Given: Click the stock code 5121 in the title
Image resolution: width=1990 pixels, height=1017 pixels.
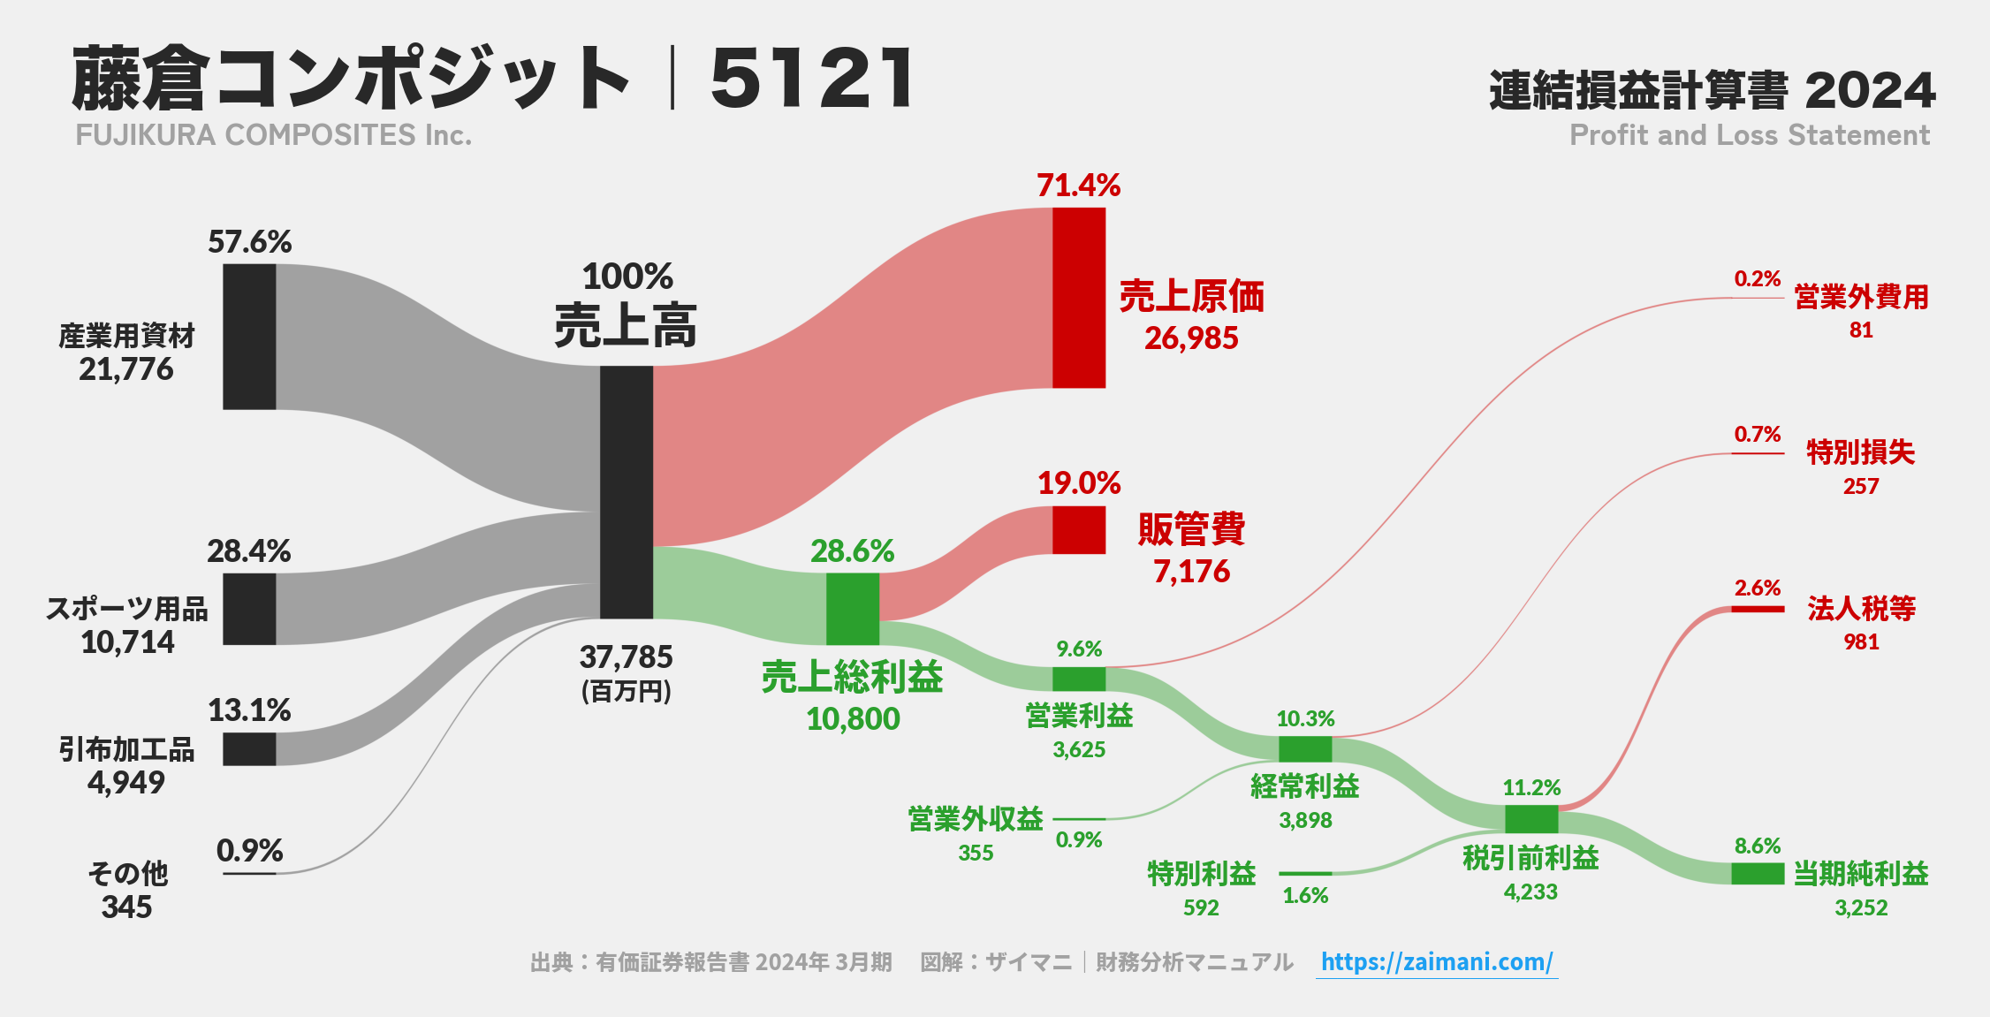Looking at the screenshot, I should tap(811, 80).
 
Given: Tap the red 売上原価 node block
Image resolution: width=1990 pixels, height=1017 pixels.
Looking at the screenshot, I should tap(1079, 298).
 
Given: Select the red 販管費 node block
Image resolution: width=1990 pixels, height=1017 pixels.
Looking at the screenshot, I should tap(1079, 530).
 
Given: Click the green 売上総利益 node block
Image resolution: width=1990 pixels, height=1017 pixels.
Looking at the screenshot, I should tap(853, 609).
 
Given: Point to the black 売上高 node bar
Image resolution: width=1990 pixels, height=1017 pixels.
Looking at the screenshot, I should tap(627, 492).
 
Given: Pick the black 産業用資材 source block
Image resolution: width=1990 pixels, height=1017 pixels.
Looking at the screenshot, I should tap(249, 337).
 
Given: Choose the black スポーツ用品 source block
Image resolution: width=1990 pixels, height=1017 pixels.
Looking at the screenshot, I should tap(249, 609).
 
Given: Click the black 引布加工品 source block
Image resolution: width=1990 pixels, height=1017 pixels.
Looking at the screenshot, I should tap(249, 748).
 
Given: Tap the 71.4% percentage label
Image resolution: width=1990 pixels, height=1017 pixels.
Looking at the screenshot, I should tap(1079, 186).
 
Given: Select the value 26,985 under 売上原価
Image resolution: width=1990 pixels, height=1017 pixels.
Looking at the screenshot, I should tap(1191, 338).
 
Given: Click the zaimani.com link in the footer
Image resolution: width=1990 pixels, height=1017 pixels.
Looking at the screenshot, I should tap(1437, 961).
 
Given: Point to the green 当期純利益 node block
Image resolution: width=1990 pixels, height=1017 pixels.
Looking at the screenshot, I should tap(1758, 874).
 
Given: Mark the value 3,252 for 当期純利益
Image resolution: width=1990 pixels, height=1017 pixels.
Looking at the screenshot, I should tap(1861, 907).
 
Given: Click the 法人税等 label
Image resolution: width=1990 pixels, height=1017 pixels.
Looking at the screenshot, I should tap(1861, 609).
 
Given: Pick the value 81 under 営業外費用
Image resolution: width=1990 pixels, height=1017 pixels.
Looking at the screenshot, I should tap(1861, 330).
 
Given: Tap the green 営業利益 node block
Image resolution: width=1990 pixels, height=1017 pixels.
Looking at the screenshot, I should tap(1079, 679).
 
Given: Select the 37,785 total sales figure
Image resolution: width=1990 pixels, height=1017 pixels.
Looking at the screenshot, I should tap(627, 657).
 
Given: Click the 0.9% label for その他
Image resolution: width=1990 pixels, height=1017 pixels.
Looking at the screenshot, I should tap(250, 851).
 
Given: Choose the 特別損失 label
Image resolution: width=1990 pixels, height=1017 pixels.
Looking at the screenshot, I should tap(1861, 452).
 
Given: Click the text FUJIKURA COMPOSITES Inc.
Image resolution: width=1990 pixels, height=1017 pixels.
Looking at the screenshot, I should tap(274, 135).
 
